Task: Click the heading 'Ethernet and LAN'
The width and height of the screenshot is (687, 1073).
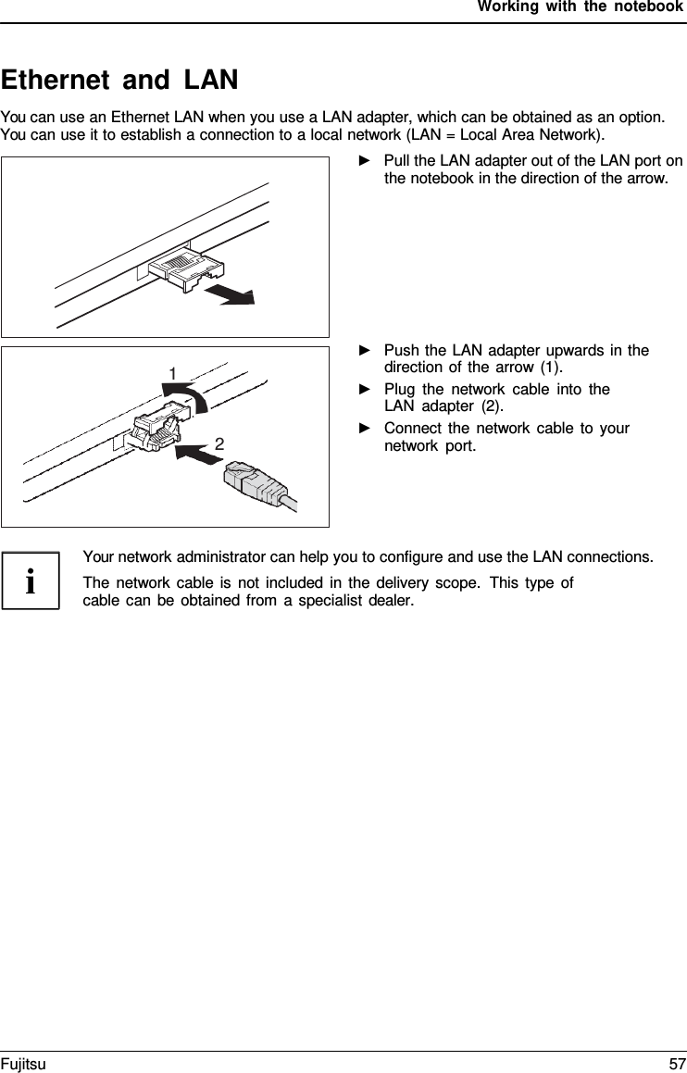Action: click(x=119, y=81)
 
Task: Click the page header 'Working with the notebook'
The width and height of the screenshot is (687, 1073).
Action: click(x=581, y=8)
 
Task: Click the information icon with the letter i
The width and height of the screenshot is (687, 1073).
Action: click(x=31, y=581)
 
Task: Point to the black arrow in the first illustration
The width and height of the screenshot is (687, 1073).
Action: click(x=230, y=293)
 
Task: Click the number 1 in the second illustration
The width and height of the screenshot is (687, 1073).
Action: click(x=172, y=372)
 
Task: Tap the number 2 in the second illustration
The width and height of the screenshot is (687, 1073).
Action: click(x=219, y=444)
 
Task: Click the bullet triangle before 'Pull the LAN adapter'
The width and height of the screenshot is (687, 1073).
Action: click(x=364, y=162)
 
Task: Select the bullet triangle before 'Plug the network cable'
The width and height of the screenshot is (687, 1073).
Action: click(x=364, y=390)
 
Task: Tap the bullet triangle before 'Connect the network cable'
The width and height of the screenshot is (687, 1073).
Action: click(x=364, y=429)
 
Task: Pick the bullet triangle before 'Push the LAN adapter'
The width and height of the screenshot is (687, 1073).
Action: click(x=364, y=351)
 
